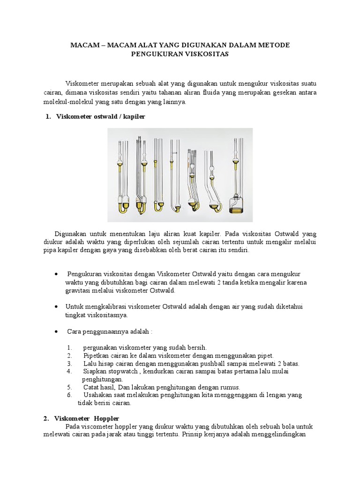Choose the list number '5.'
click(69, 387)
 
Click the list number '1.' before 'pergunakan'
click(69, 347)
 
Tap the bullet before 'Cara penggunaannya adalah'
click(56, 331)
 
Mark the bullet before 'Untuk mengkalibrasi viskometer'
click(56, 306)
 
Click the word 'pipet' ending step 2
click(265, 355)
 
